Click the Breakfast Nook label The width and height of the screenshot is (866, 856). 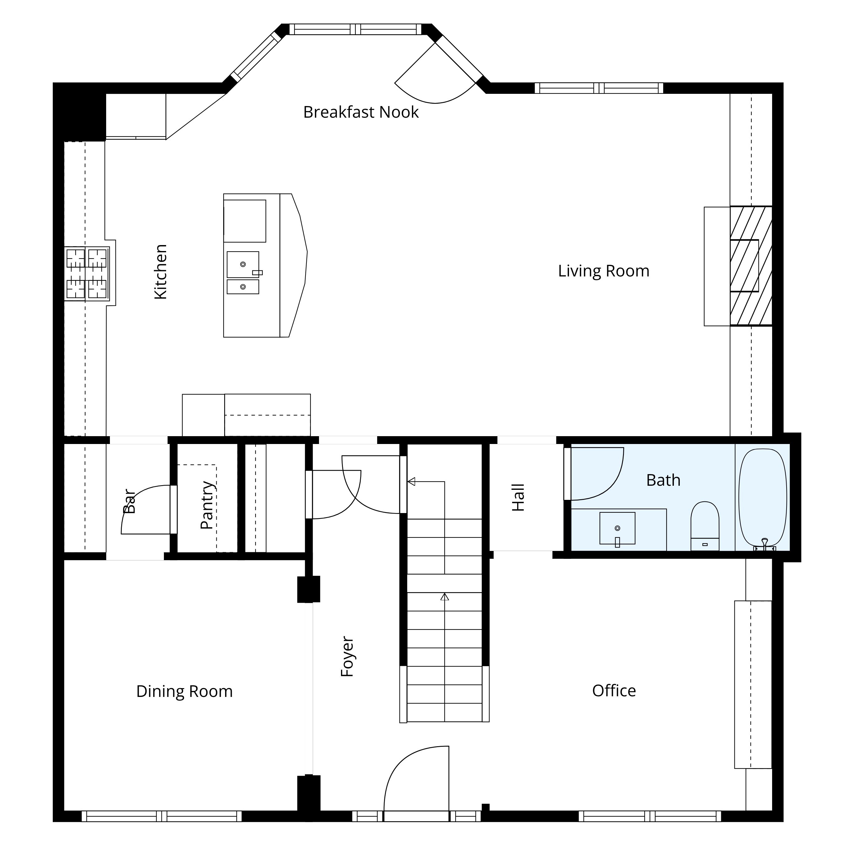361,112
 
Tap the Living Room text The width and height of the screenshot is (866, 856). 603,271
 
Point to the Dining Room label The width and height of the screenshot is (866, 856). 184,691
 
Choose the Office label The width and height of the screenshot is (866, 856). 614,690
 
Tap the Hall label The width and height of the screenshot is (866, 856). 518,497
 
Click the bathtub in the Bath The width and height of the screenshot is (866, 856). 762,498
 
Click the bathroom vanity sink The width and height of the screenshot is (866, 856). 617,528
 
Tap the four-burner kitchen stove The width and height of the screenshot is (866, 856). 87,274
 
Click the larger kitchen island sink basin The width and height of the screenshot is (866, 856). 242,264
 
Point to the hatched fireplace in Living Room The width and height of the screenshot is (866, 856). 751,266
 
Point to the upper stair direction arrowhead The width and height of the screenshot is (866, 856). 411,482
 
